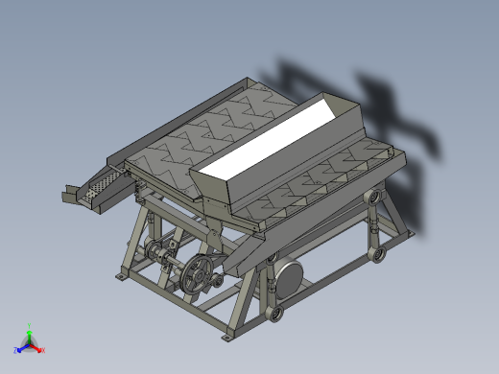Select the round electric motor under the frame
click(x=286, y=278)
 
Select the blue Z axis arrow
click(x=22, y=347)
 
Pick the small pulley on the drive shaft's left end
click(x=152, y=253)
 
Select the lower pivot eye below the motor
click(x=276, y=314)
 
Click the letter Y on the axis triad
click(x=31, y=325)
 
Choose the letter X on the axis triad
click(x=43, y=350)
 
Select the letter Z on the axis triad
click(x=16, y=350)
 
